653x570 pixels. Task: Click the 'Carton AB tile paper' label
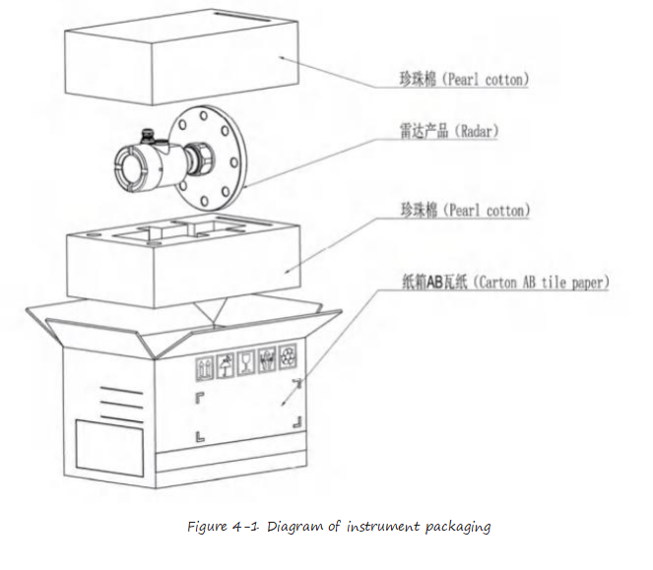click(x=505, y=283)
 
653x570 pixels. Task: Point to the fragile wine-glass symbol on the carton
click(x=245, y=363)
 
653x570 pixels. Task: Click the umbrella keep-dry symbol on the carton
click(x=226, y=365)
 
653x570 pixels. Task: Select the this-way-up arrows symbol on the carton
click(x=205, y=368)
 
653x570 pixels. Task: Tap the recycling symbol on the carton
click(x=288, y=356)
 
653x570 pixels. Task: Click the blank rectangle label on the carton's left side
click(x=109, y=448)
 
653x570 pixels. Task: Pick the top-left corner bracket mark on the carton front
click(x=199, y=398)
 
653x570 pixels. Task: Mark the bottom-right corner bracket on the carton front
click(x=297, y=422)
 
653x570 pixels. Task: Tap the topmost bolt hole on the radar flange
click(x=203, y=115)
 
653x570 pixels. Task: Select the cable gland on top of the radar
click(x=148, y=136)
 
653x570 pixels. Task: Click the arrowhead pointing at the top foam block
click(x=282, y=58)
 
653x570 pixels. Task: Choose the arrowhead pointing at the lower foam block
click(x=289, y=270)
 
